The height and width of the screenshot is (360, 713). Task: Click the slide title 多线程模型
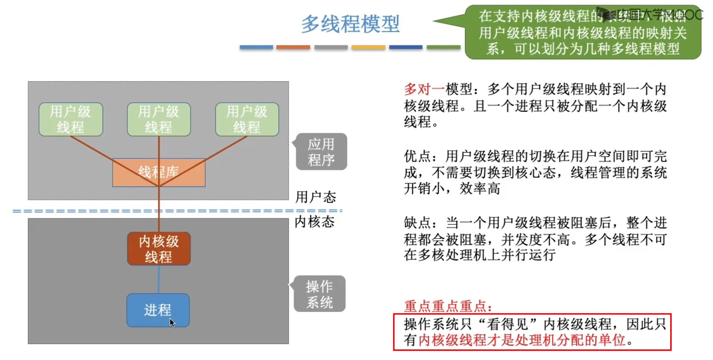(x=350, y=24)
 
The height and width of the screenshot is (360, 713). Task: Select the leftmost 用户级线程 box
(x=71, y=119)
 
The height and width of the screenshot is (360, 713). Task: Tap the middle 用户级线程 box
(x=158, y=119)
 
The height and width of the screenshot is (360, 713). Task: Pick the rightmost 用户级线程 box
(x=247, y=119)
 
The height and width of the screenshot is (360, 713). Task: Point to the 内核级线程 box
(x=158, y=249)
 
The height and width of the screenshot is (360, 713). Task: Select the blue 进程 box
(x=158, y=310)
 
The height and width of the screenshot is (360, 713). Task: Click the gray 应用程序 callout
(x=321, y=152)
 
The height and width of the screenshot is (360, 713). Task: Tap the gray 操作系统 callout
(x=320, y=294)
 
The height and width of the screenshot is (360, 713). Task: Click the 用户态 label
(x=316, y=197)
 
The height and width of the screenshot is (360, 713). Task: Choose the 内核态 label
(x=314, y=222)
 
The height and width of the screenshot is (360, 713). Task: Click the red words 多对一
(x=424, y=89)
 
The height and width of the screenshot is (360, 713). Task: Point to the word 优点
(x=417, y=156)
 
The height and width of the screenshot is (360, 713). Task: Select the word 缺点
(x=417, y=223)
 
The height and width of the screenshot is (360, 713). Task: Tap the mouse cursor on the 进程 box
(x=172, y=322)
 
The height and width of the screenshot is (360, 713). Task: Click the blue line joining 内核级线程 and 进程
(x=158, y=279)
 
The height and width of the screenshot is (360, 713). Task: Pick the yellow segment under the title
(x=368, y=47)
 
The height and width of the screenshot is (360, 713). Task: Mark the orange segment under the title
(x=293, y=47)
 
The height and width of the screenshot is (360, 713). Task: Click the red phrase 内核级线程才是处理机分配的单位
(x=521, y=340)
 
